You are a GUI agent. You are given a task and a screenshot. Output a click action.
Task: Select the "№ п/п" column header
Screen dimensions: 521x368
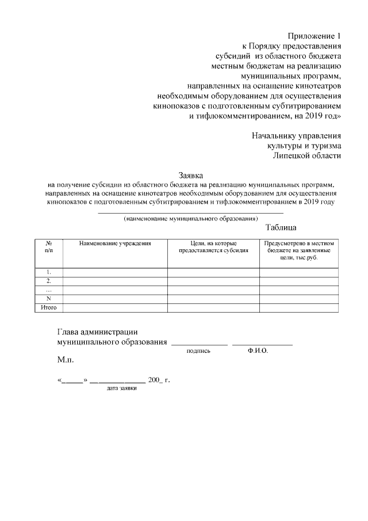49,248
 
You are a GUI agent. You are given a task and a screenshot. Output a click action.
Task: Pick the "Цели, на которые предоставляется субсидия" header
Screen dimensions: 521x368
213,248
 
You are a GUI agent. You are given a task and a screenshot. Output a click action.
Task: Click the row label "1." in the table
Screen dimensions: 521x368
49,272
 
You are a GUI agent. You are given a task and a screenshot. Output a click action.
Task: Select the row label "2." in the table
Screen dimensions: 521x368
49,281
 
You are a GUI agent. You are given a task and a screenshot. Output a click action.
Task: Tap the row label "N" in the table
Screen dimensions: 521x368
49,299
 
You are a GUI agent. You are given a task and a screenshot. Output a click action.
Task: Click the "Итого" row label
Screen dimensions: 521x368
49,308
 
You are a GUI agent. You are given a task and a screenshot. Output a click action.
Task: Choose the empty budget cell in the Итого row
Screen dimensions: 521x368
298,308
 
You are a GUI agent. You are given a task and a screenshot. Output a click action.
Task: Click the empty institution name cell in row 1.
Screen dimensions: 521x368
115,272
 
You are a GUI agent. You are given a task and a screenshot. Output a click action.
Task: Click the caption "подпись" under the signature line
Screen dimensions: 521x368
199,351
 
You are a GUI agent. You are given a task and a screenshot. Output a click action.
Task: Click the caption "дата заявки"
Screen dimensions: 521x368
122,389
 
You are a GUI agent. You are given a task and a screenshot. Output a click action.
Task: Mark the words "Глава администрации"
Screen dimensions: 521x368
97,332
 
